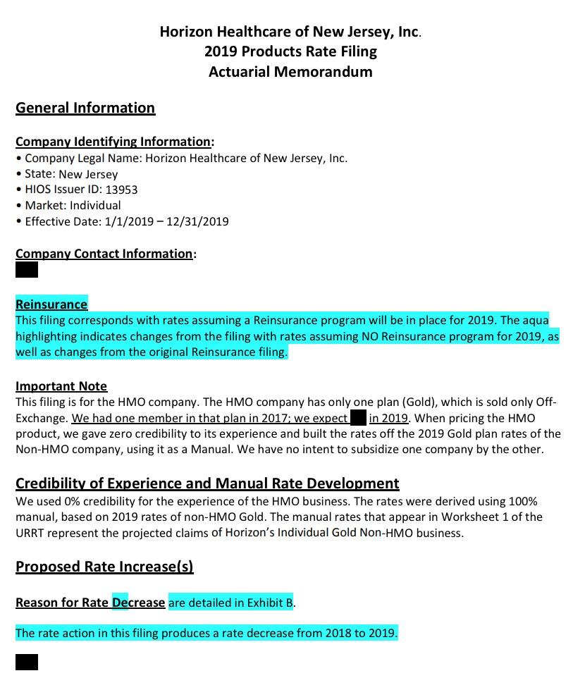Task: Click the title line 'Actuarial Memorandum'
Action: (290, 71)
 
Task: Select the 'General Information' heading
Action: (85, 108)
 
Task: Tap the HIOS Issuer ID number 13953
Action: (121, 190)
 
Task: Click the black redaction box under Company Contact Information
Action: (27, 269)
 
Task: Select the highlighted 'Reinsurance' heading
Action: (51, 304)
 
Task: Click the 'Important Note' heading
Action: (61, 386)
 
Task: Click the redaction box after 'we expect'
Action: (358, 418)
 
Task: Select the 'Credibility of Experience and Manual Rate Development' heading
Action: (207, 483)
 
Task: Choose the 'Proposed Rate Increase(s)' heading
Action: (104, 567)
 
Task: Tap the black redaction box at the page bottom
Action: (27, 662)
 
